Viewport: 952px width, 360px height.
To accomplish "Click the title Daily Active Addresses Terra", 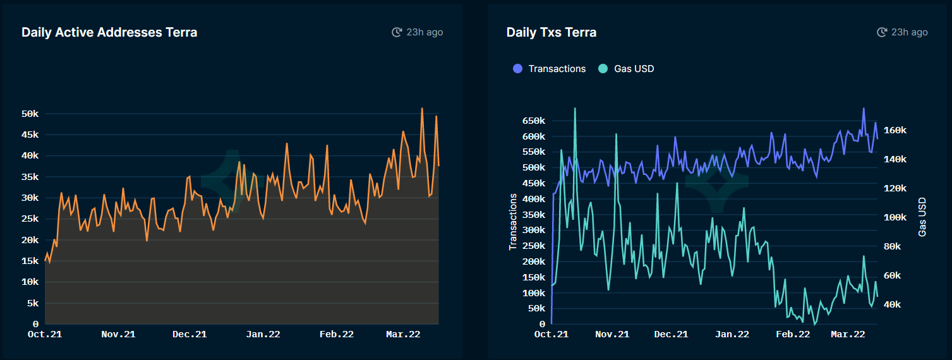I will coord(109,32).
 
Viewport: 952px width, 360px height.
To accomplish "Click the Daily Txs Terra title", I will coord(551,32).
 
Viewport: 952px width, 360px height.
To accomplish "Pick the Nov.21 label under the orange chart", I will coord(118,334).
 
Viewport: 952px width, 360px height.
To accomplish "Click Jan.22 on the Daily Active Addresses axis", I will coord(263,334).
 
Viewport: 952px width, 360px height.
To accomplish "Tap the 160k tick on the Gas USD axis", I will coord(896,130).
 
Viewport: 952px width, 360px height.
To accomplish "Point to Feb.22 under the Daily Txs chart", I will coord(793,334).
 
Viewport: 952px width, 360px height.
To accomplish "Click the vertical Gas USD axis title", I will coord(922,216).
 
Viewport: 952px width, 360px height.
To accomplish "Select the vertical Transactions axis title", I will coord(513,222).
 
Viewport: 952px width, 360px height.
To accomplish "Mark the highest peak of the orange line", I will coord(422,109).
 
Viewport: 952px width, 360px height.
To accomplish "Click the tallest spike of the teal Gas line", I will coord(575,108).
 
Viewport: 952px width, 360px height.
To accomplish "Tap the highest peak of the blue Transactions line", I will coord(864,109).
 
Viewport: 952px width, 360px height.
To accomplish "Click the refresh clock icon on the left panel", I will coord(397,32).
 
